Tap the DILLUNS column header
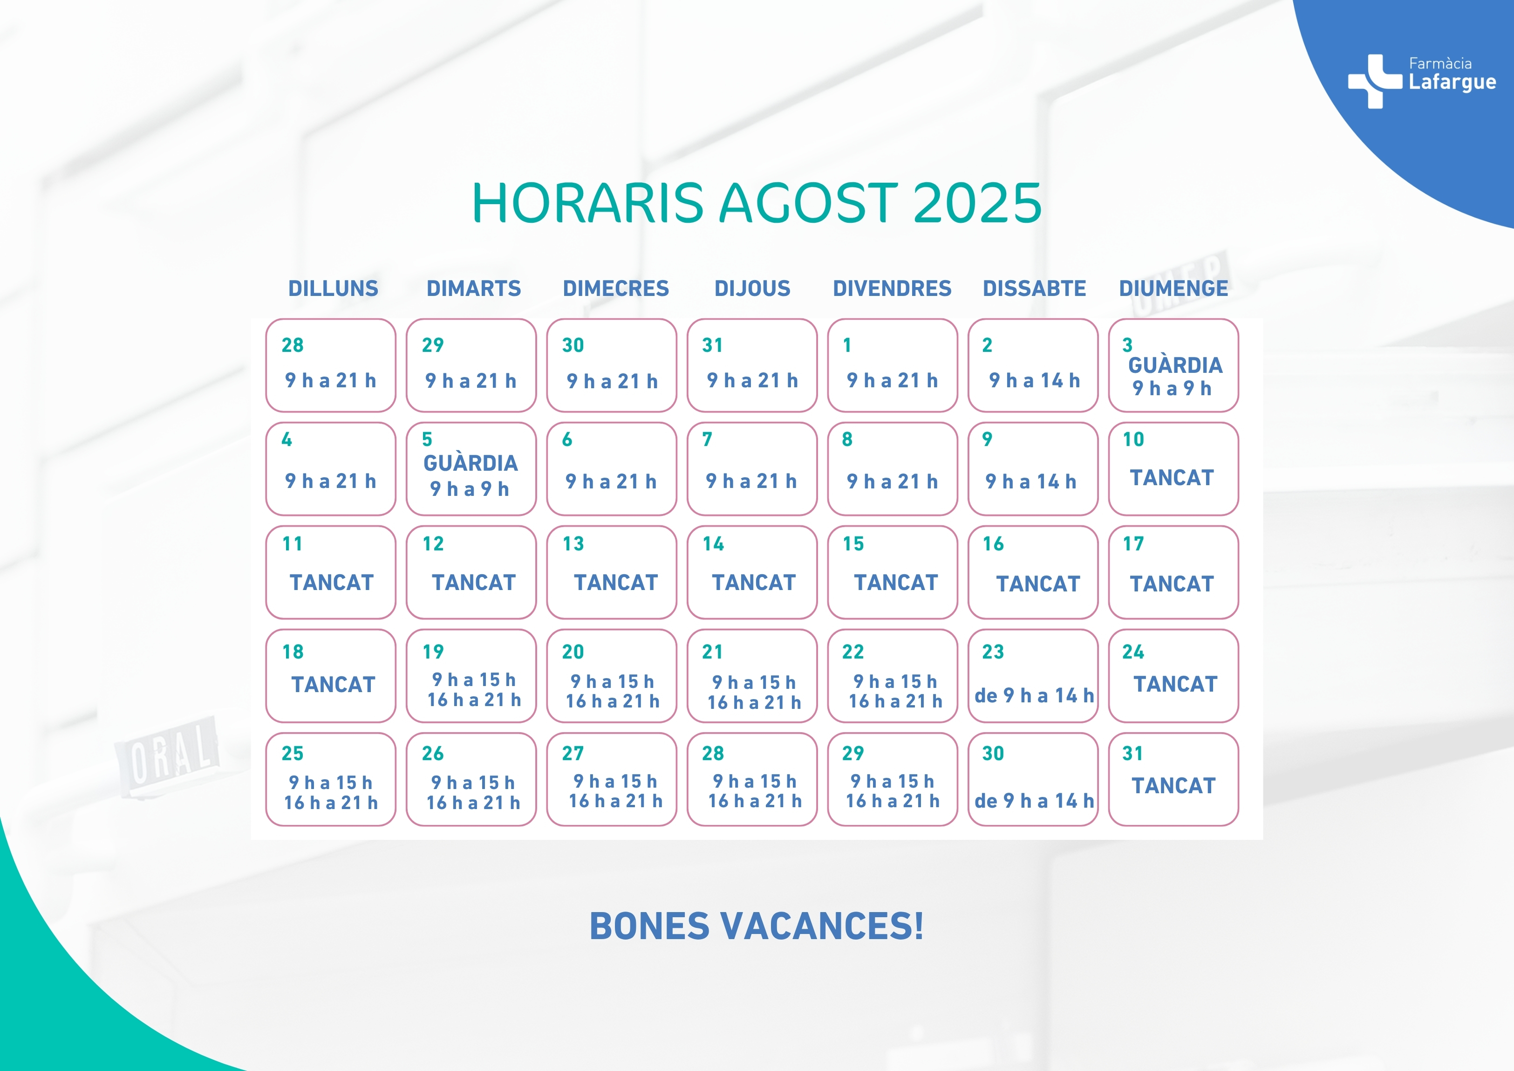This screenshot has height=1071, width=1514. pyautogui.click(x=333, y=288)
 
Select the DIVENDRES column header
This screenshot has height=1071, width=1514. pyautogui.click(x=892, y=288)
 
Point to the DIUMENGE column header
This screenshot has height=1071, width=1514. pyautogui.click(x=1173, y=288)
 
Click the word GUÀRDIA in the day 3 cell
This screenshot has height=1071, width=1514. pyautogui.click(x=1175, y=365)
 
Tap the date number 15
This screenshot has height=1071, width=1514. pyautogui.click(x=853, y=544)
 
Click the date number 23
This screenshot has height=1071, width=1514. pyautogui.click(x=993, y=652)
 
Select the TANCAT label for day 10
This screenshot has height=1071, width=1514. pyautogui.click(x=1172, y=478)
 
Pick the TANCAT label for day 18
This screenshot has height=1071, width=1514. pyautogui.click(x=333, y=685)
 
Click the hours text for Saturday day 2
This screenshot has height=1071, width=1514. pyautogui.click(x=1034, y=381)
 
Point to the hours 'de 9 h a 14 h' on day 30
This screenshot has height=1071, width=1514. pyautogui.click(x=1034, y=801)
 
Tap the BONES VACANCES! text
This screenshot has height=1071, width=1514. pyautogui.click(x=757, y=926)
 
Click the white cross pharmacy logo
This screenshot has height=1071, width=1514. pyautogui.click(x=1375, y=81)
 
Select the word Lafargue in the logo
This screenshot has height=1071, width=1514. pyautogui.click(x=1452, y=82)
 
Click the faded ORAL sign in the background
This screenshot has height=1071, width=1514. pyautogui.click(x=168, y=757)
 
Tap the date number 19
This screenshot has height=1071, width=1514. pyautogui.click(x=433, y=652)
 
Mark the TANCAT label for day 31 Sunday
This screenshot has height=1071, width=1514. pyautogui.click(x=1173, y=786)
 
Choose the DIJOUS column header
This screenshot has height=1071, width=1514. pyautogui.click(x=752, y=288)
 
